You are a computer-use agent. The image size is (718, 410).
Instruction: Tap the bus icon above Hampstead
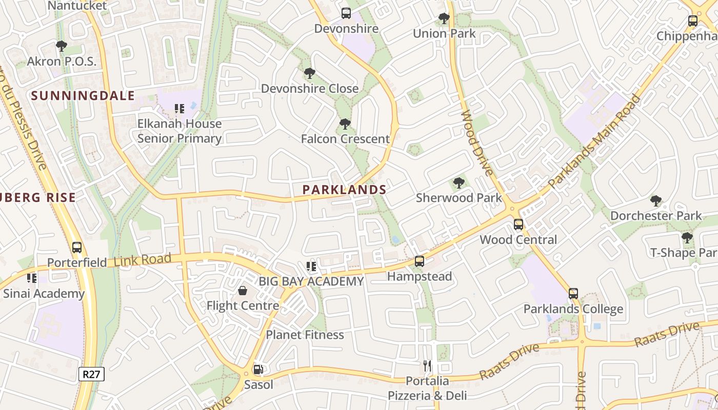(x=420, y=261)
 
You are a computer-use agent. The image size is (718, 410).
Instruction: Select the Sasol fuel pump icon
(x=259, y=370)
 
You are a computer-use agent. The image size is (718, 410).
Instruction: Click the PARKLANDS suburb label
(x=344, y=190)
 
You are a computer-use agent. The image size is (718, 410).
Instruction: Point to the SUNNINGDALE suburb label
(x=83, y=95)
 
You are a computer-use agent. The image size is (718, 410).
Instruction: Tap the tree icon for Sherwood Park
(x=459, y=183)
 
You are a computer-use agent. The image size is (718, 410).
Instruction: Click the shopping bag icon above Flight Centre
(x=243, y=291)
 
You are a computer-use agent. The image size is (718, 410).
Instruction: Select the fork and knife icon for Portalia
(x=427, y=366)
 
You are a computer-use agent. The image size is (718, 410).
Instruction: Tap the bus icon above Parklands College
(x=573, y=294)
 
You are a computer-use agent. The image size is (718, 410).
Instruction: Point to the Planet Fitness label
(x=305, y=335)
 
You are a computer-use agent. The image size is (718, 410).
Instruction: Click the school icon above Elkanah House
(x=180, y=109)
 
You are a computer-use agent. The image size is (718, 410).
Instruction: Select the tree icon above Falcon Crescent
(x=345, y=124)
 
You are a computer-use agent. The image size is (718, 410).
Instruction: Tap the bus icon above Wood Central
(x=518, y=224)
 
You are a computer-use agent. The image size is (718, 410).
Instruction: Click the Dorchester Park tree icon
(x=655, y=201)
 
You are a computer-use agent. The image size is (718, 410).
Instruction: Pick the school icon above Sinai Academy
(x=32, y=278)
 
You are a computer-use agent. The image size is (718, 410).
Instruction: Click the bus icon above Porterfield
(x=77, y=248)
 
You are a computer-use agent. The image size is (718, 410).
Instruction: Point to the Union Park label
(x=445, y=34)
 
